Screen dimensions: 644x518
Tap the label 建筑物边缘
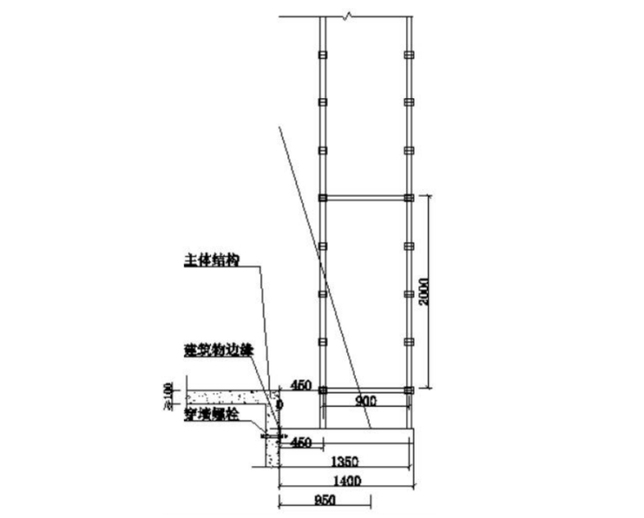[218, 349]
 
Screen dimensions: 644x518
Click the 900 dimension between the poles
[366, 400]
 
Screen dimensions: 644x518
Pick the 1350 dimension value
[345, 462]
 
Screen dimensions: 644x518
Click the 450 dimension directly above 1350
[302, 442]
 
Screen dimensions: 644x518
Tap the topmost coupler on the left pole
[322, 56]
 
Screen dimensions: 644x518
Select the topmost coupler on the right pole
[408, 56]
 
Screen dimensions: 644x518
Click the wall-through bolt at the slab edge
[273, 436]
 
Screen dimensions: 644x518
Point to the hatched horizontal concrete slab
[225, 397]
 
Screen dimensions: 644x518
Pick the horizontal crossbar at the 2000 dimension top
[365, 198]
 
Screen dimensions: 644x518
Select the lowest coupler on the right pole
[408, 390]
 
